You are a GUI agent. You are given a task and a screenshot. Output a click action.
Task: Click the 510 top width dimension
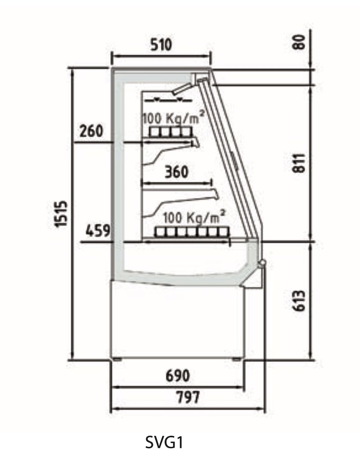[161, 45]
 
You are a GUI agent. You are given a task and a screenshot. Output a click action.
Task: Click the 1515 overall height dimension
[62, 214]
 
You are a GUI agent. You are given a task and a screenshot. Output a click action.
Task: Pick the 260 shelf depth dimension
[91, 131]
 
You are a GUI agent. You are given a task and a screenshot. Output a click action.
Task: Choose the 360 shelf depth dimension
[177, 172]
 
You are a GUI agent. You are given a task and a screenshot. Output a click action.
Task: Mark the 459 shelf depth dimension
[98, 231]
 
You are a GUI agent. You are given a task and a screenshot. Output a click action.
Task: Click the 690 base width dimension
[178, 376]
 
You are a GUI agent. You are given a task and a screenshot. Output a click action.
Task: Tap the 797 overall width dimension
[189, 398]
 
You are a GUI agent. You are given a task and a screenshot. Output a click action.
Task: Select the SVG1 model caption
[164, 442]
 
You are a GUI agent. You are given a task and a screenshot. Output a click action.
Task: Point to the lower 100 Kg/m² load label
[194, 217]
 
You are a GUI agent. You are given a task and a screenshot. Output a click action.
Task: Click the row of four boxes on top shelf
[171, 132]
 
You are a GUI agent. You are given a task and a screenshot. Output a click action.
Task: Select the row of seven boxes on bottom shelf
[192, 232]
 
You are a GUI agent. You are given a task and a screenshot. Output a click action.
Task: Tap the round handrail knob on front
[262, 263]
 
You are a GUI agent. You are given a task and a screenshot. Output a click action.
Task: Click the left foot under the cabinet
[117, 359]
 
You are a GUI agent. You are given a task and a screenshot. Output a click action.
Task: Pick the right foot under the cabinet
[237, 359]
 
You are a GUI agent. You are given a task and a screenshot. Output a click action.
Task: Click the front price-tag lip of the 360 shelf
[216, 194]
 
